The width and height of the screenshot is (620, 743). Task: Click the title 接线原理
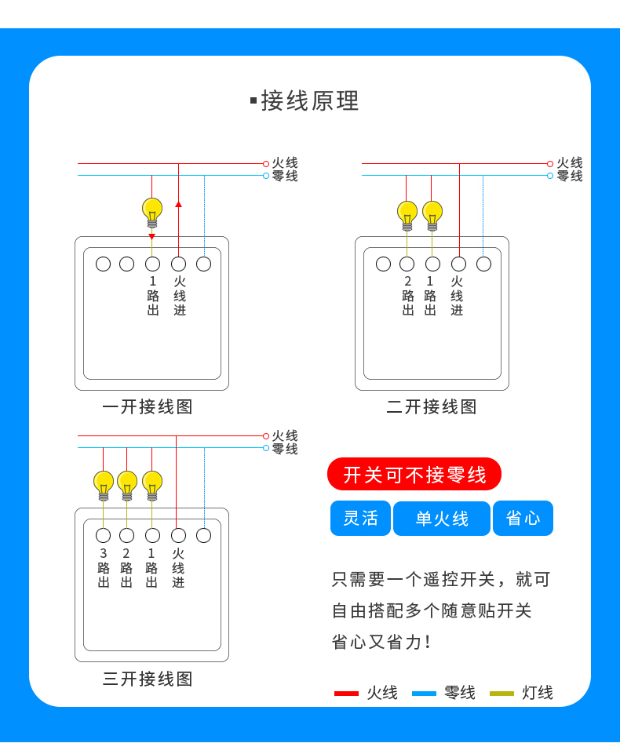[x=309, y=101]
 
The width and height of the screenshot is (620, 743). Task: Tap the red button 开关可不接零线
[x=414, y=475]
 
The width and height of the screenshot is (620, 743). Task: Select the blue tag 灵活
[x=360, y=519]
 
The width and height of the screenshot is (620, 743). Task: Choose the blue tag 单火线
[x=442, y=519]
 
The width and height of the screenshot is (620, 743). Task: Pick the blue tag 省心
[x=523, y=519]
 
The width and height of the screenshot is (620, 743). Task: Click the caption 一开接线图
[x=148, y=407]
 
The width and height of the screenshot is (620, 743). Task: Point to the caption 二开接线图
[x=432, y=407]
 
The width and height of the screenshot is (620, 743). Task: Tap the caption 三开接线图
[x=148, y=679]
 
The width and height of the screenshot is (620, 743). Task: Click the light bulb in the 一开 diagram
[x=152, y=211]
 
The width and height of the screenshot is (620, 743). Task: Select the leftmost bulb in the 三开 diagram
[x=104, y=484]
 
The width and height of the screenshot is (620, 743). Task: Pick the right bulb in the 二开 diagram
[x=432, y=214]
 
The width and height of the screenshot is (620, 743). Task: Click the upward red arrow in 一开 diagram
[x=178, y=204]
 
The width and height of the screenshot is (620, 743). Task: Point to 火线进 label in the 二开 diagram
[x=458, y=296]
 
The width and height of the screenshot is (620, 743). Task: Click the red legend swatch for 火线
[x=346, y=694]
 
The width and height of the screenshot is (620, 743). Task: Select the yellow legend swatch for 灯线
[x=501, y=694]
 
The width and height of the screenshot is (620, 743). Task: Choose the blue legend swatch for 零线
[x=424, y=694]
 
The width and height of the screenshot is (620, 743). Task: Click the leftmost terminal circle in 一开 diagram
[x=103, y=264]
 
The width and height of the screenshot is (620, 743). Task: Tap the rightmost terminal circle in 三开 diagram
[x=204, y=536]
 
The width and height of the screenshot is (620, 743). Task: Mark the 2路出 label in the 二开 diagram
[x=408, y=296]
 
